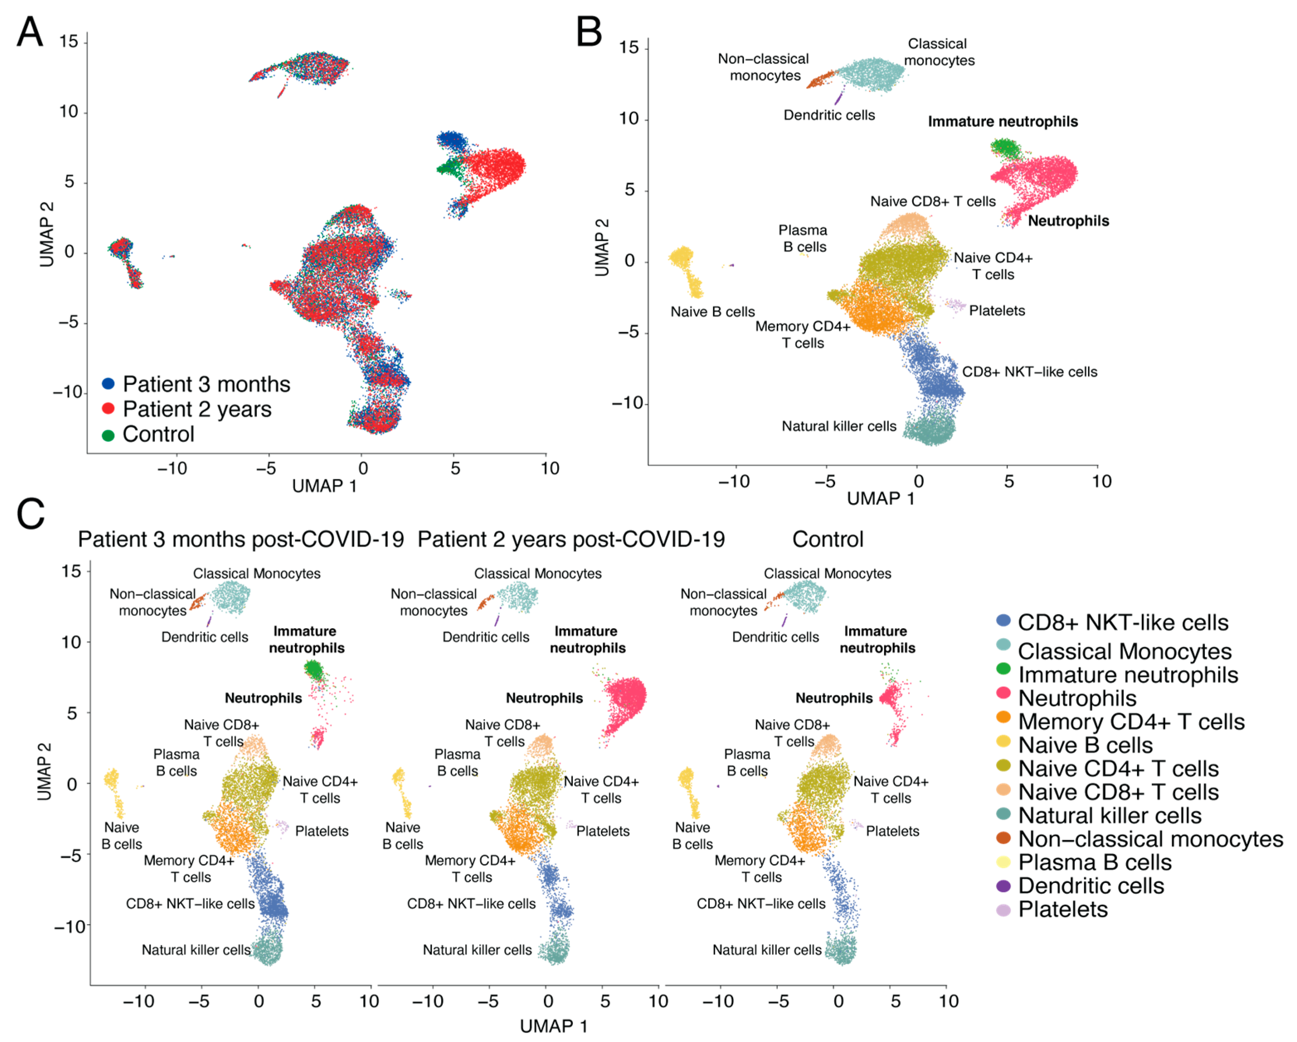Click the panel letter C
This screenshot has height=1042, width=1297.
(31, 514)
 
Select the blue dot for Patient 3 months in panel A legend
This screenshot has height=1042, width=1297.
(108, 384)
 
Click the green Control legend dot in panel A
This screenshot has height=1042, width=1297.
(108, 435)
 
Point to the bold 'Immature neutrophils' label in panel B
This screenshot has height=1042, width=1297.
(1002, 121)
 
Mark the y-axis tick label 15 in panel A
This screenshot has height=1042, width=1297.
(68, 42)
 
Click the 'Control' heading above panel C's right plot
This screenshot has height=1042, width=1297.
(827, 539)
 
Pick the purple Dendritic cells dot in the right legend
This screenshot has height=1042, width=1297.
(1004, 886)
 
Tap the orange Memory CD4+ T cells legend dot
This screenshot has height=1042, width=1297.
(1004, 717)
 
